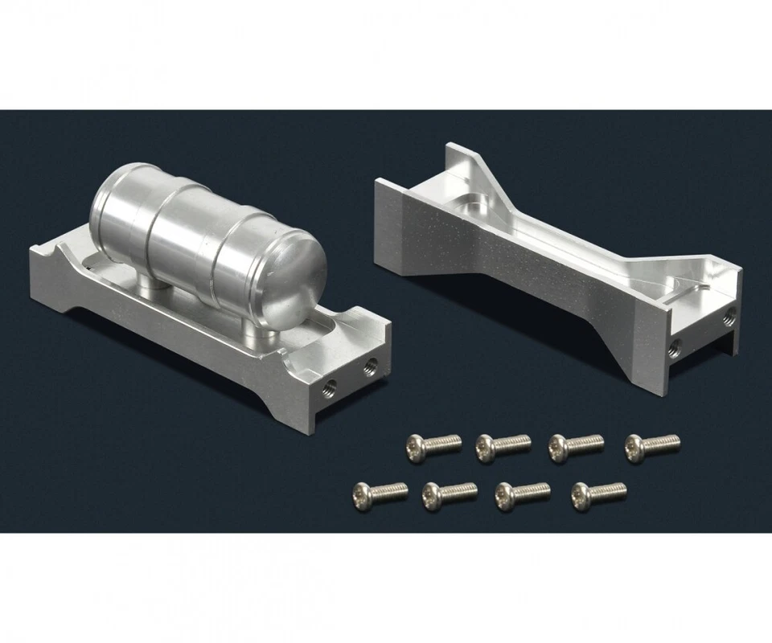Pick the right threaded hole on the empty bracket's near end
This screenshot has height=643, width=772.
coord(729,312)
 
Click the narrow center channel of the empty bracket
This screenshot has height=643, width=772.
coord(563,241)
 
